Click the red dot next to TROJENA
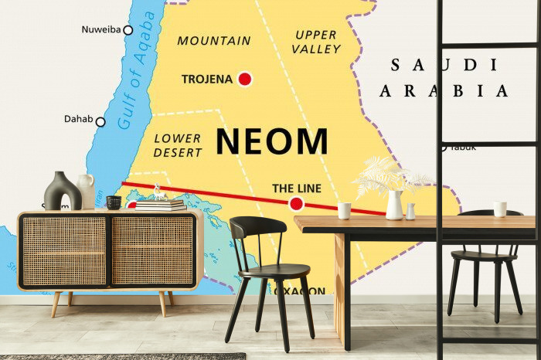pos(245,79)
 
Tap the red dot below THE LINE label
pos(296,204)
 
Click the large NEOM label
pos(271,141)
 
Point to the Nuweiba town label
pos(100,30)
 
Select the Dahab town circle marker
pos(100,121)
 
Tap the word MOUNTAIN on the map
pos(214,40)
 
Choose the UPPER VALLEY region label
pos(317,42)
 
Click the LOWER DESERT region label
pos(178,145)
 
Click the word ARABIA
pos(444,91)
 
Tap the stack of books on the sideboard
pos(161,205)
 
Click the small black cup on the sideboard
pos(114,202)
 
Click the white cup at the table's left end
pos(344,210)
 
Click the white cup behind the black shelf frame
pos(500,209)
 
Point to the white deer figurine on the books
pos(158,192)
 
